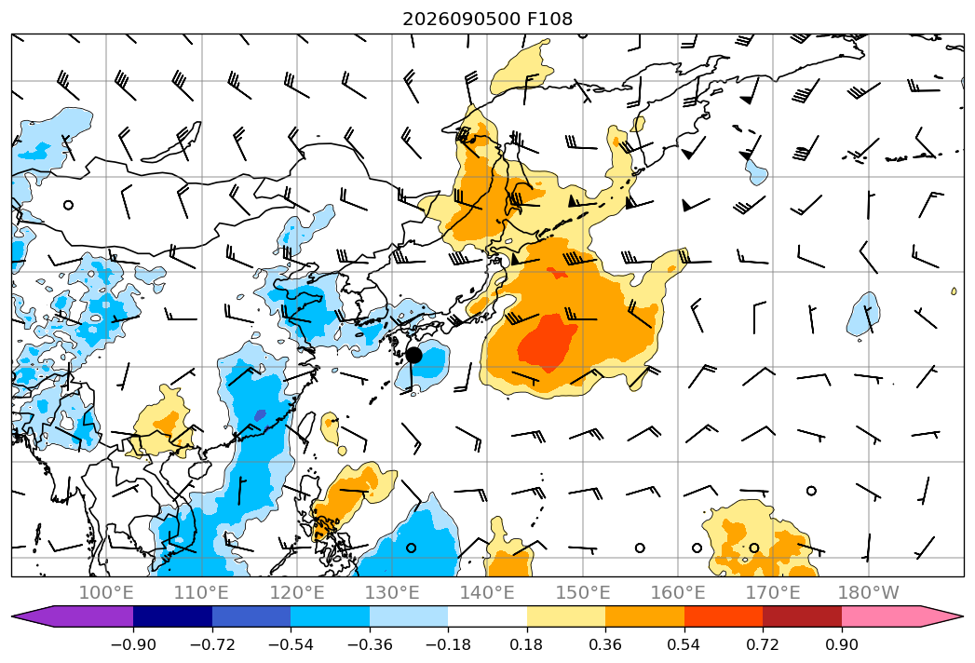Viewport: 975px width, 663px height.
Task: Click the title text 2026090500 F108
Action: click(x=488, y=19)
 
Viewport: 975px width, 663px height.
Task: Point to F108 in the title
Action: click(x=549, y=19)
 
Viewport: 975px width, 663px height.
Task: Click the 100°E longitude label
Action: click(x=106, y=592)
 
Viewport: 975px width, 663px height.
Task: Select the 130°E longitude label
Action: click(x=392, y=592)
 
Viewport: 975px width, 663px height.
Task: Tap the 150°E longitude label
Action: click(x=583, y=592)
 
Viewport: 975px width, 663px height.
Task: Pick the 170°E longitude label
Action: click(x=773, y=592)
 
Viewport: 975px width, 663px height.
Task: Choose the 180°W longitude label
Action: click(x=869, y=592)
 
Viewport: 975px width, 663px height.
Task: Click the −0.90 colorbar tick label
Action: click(x=133, y=644)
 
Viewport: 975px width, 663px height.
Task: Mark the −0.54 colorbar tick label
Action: click(x=291, y=644)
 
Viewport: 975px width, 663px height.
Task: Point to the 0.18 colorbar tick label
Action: click(x=527, y=644)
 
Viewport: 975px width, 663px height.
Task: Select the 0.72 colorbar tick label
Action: click(x=763, y=644)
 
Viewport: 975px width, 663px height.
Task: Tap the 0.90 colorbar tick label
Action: click(x=841, y=644)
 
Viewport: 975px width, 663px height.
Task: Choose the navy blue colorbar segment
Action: click(x=173, y=616)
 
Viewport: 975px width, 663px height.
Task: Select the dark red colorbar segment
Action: click(x=802, y=616)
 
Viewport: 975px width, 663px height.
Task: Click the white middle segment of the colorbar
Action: click(x=488, y=616)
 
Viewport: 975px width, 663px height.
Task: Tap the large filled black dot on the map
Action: click(x=413, y=356)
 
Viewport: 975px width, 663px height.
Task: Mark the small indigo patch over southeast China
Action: click(x=260, y=415)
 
